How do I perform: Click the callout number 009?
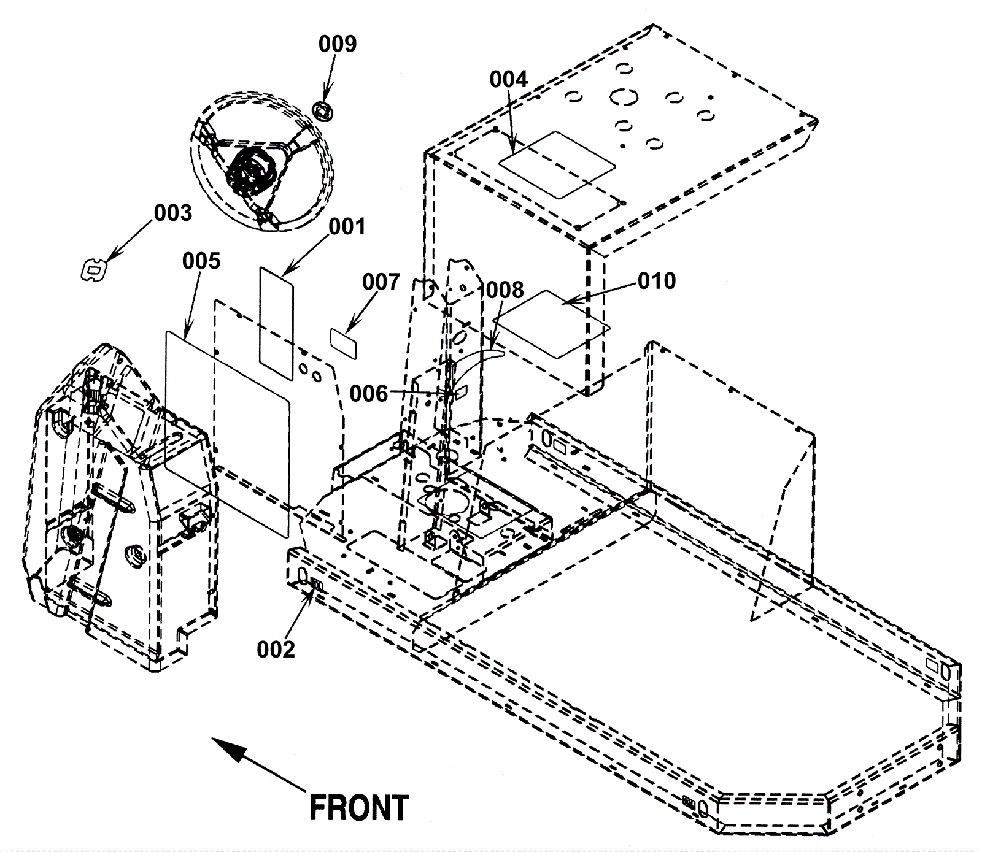click(x=337, y=44)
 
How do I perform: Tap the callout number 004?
click(x=508, y=80)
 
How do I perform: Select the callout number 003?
click(x=172, y=213)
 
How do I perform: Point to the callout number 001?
click(x=346, y=227)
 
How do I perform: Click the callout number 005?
click(x=201, y=261)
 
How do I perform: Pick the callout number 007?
click(x=381, y=283)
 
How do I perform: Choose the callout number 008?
click(x=505, y=290)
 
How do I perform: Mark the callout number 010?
click(x=656, y=281)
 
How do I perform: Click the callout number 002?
click(x=276, y=649)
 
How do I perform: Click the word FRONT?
click(x=358, y=808)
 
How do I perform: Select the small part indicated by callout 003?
click(x=94, y=269)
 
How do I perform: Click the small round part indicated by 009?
click(x=323, y=112)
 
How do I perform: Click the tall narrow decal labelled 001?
click(x=276, y=322)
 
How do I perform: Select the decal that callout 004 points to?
click(x=556, y=164)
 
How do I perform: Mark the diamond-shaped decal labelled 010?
click(x=551, y=324)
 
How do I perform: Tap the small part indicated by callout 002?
click(x=317, y=583)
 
